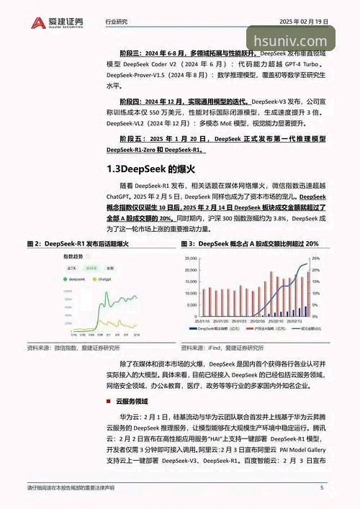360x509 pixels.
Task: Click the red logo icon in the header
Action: [36, 22]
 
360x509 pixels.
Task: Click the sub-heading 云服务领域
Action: [130, 401]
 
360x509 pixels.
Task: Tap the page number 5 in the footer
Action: [322, 487]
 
